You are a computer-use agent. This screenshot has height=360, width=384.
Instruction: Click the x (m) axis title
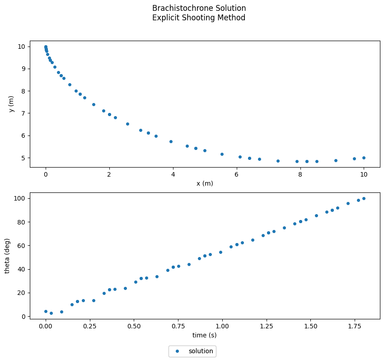pos(205,183)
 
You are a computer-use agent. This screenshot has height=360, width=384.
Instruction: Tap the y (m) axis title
pos(11,104)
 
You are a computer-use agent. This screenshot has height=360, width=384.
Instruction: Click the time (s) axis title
pos(205,335)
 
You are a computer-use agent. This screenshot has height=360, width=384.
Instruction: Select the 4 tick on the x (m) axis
pos(173,175)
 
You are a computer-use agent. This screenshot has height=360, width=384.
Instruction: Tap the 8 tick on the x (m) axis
pos(300,175)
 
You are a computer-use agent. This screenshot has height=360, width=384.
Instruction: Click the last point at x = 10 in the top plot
pos(364,158)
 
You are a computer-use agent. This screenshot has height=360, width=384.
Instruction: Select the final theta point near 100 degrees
pos(364,198)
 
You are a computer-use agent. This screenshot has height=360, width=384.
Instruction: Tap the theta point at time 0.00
pos(46,311)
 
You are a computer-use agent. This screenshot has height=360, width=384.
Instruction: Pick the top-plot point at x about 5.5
pos(222,154)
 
